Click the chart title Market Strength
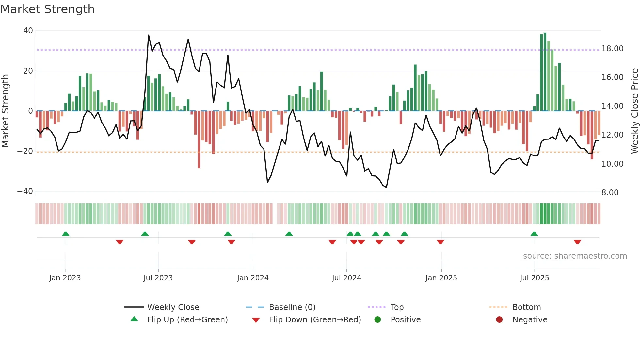[x=47, y=9]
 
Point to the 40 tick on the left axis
[x=28, y=31]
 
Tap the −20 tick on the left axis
[x=25, y=151]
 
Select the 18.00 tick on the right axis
[x=612, y=49]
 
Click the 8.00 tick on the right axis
[x=610, y=193]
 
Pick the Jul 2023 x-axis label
[x=158, y=278]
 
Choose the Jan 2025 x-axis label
[x=441, y=278]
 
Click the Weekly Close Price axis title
[x=634, y=111]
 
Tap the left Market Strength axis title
[x=6, y=111]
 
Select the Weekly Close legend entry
[x=173, y=307]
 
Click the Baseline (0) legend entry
[x=292, y=307]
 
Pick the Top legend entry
[x=397, y=307]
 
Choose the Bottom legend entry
[x=526, y=307]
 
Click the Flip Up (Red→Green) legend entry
[x=187, y=320]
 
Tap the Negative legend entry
[x=529, y=320]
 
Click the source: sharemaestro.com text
[x=575, y=256]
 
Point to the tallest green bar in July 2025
[x=545, y=72]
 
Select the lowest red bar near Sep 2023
[x=199, y=139]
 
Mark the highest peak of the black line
[x=149, y=35]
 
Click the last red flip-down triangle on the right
[x=577, y=242]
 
